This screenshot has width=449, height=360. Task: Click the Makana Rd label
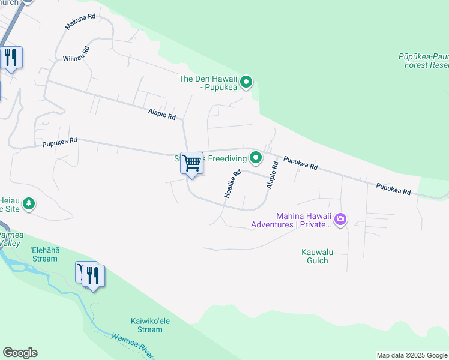80,21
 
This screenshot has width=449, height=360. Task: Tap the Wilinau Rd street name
76,54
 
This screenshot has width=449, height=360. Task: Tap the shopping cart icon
191,163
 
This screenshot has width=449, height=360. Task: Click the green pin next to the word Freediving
256,158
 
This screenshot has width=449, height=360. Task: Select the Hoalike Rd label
232,184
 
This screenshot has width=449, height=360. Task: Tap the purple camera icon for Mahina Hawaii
340,220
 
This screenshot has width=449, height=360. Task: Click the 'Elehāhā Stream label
44,255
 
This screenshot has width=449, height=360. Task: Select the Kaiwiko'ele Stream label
150,325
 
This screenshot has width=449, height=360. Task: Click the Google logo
20,353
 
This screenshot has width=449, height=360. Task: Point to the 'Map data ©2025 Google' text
411,355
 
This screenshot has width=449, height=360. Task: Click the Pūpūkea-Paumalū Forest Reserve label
423,60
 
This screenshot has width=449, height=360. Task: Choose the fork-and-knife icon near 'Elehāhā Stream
93,276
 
